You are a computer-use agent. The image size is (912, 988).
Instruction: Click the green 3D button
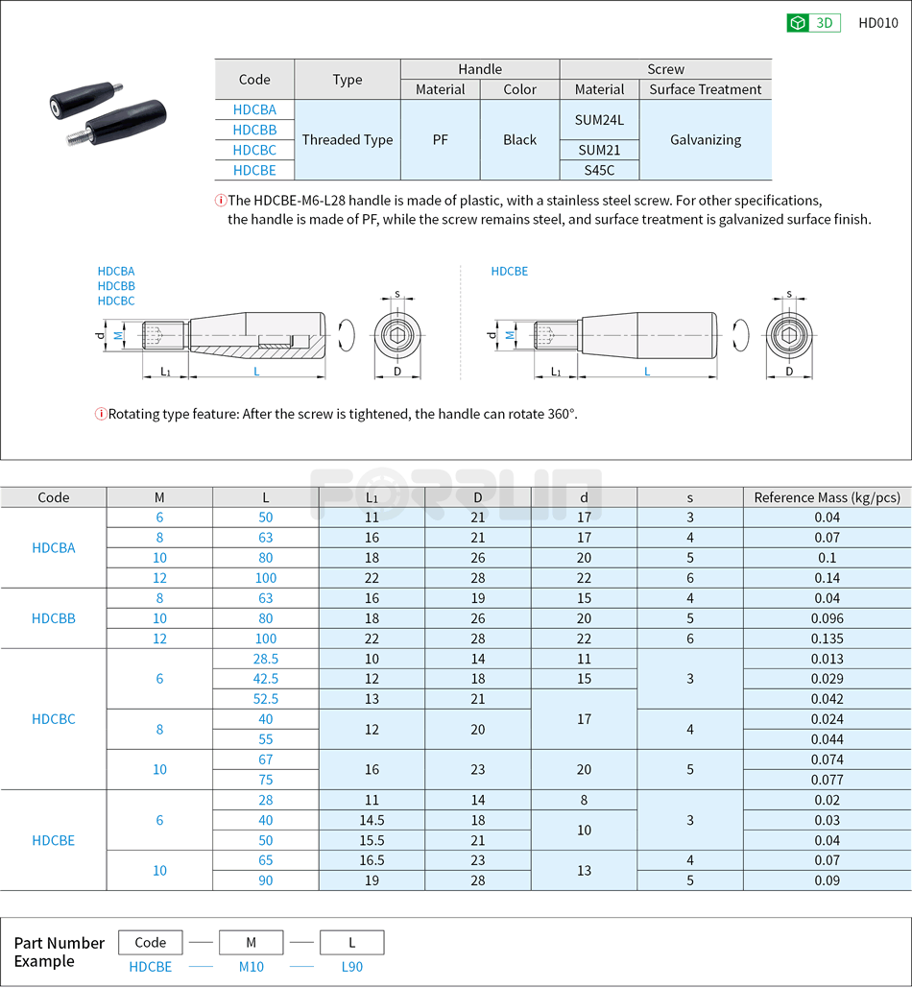point(813,23)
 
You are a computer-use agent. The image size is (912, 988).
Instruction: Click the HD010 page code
point(877,23)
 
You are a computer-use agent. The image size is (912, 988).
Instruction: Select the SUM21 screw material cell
point(599,150)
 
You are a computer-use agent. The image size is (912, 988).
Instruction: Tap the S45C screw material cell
point(599,170)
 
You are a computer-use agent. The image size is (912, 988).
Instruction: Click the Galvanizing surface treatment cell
point(705,139)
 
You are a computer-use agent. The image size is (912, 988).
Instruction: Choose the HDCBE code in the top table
point(254,170)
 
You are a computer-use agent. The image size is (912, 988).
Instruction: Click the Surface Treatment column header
point(705,89)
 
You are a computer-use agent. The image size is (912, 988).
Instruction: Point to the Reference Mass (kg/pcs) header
point(827,497)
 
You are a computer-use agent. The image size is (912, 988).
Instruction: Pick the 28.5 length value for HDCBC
point(265,659)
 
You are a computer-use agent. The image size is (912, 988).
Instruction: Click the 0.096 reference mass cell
point(827,618)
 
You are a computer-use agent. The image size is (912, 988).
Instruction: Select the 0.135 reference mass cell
point(827,639)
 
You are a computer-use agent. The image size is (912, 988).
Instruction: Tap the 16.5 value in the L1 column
point(372,860)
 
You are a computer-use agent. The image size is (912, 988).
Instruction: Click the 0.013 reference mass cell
point(827,659)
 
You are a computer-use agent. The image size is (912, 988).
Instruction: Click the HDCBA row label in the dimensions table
point(54,547)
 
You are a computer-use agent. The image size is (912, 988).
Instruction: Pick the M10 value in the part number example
point(251,967)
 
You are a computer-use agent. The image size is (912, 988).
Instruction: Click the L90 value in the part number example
point(352,967)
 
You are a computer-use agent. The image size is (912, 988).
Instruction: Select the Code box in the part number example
point(150,943)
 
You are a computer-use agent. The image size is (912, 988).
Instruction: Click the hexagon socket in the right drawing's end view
point(789,336)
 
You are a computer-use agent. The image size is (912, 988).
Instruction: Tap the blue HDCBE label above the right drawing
point(510,272)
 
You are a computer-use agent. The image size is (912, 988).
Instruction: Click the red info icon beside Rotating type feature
point(101,414)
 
